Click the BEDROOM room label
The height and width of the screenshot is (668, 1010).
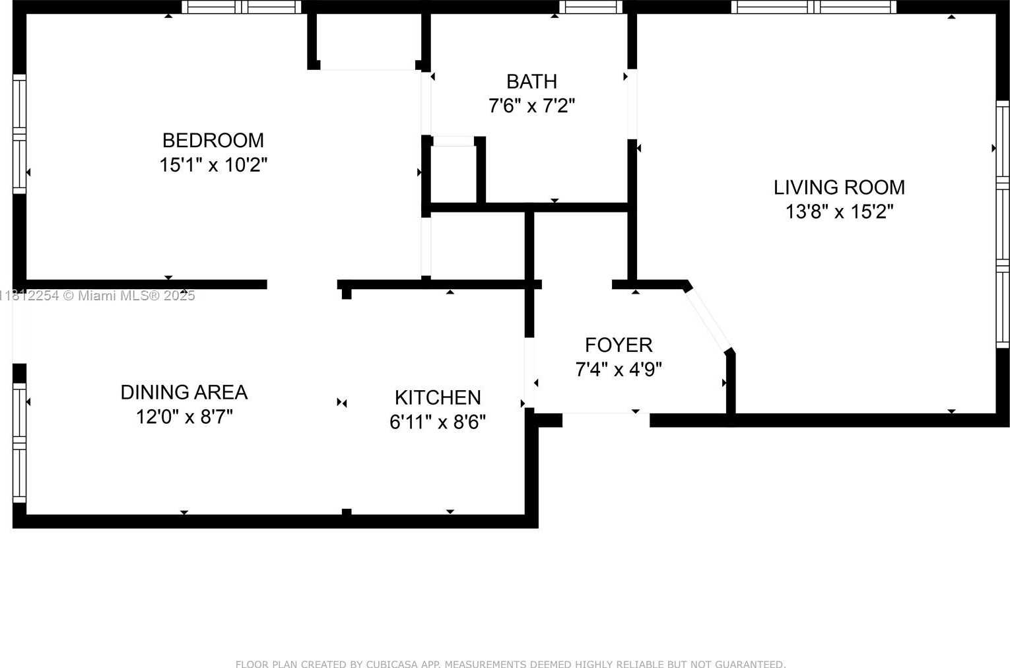click(x=213, y=140)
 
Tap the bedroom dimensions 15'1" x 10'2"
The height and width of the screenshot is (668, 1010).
click(x=213, y=165)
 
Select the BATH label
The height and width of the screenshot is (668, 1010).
click(x=531, y=82)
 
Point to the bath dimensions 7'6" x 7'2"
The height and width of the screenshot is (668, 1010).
click(x=531, y=106)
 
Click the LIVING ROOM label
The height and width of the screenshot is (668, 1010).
click(x=839, y=187)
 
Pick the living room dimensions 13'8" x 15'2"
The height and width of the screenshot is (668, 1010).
click(x=839, y=211)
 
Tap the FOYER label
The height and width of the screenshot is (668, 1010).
click(x=619, y=345)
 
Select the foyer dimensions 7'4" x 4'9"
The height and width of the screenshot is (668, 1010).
click(x=619, y=370)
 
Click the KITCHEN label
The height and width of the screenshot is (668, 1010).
click(x=438, y=397)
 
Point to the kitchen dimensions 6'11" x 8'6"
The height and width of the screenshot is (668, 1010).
click(x=438, y=422)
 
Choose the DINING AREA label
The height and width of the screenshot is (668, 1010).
click(x=184, y=392)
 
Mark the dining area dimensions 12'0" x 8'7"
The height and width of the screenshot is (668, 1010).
click(x=184, y=417)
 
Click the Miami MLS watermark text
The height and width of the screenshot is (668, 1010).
click(x=98, y=296)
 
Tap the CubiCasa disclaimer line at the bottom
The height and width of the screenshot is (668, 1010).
click(x=510, y=663)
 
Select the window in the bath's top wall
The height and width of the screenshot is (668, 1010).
click(x=591, y=7)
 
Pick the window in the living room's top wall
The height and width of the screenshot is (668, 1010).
click(x=814, y=7)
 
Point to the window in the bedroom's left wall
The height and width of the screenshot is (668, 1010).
click(x=19, y=134)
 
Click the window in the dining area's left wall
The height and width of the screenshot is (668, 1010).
click(x=19, y=443)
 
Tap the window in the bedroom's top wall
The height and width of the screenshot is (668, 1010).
click(x=242, y=7)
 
